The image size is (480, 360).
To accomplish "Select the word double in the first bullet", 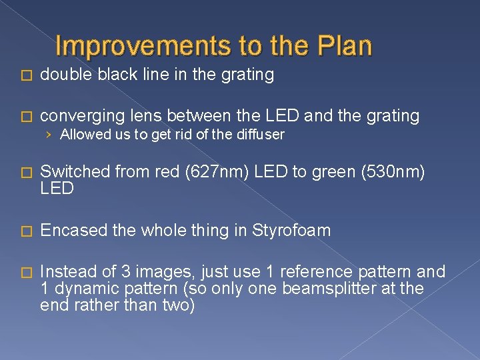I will click(65, 75).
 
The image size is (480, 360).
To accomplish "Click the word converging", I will click(81, 116).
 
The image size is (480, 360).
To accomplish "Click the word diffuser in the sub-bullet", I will click(260, 135).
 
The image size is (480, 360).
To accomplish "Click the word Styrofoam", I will click(292, 231).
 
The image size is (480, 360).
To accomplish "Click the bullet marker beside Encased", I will click(27, 231).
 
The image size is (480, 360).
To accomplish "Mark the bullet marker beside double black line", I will click(27, 75).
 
